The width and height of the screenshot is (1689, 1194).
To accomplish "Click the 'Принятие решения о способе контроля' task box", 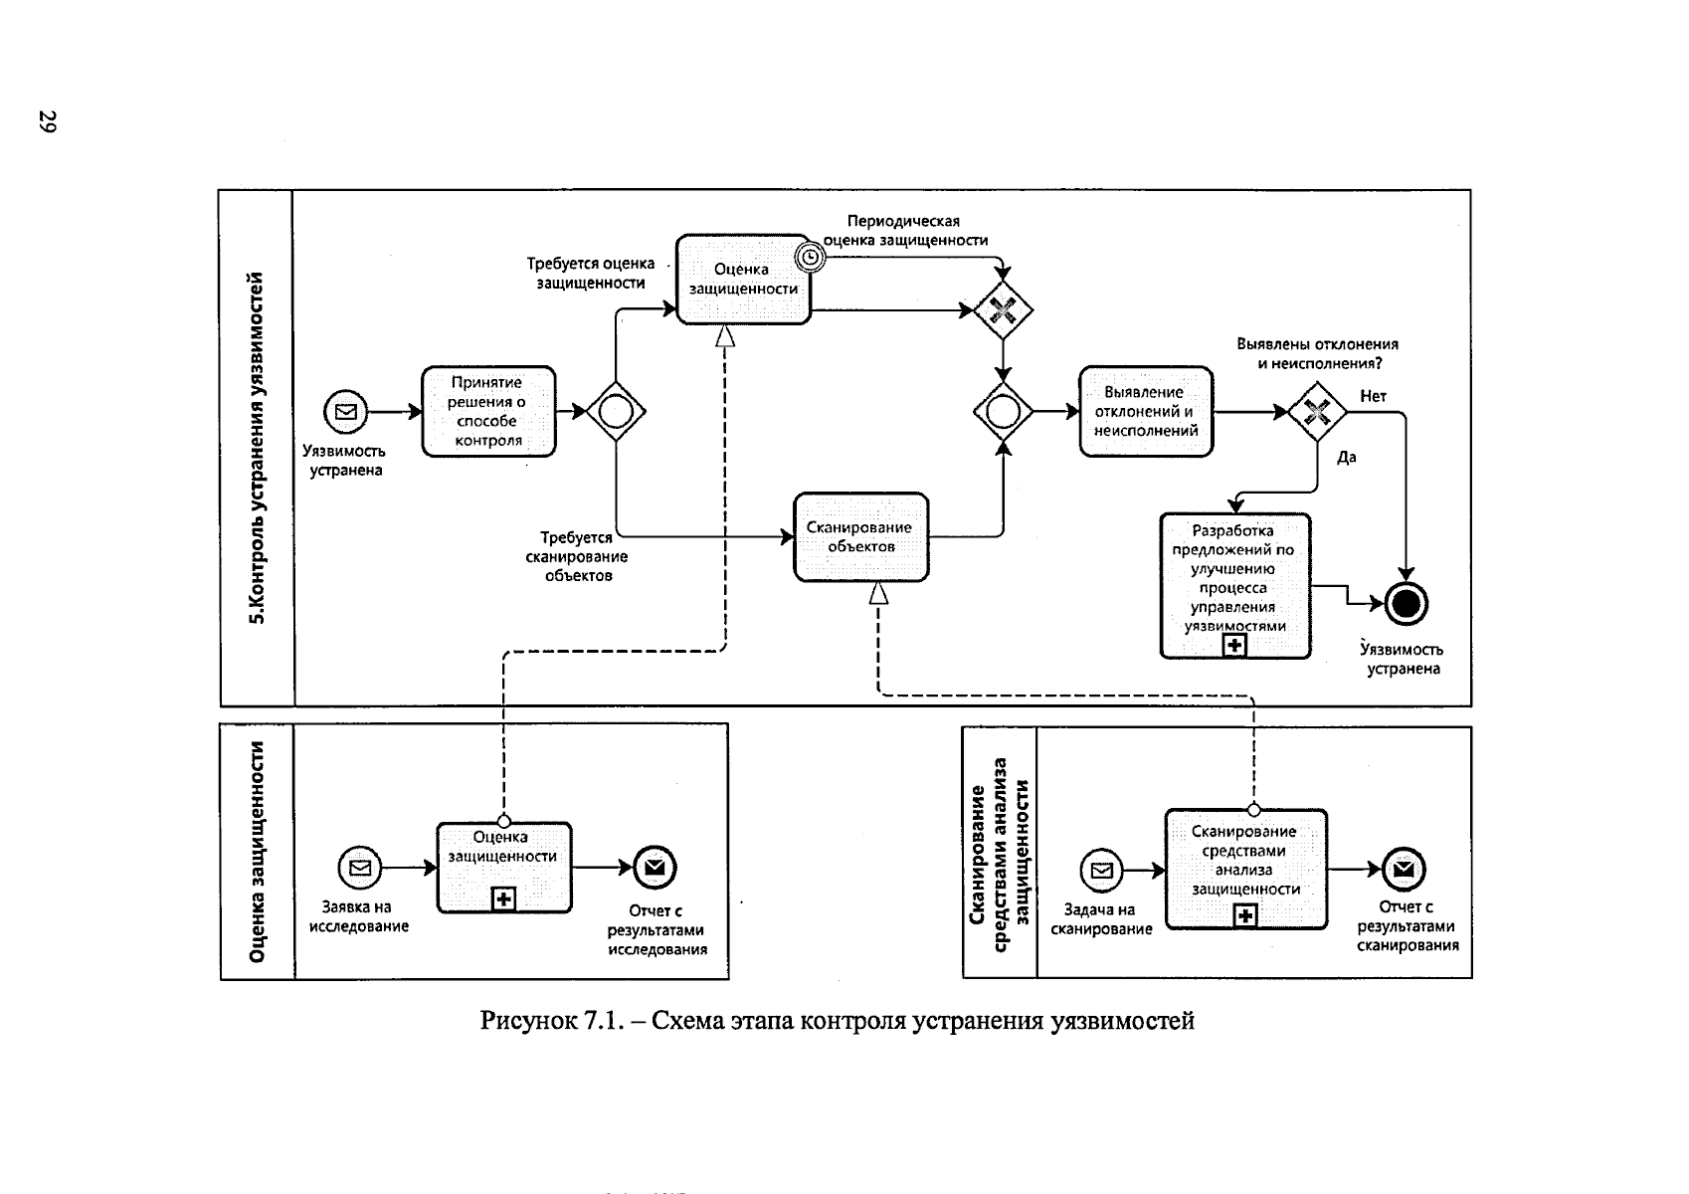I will (488, 411).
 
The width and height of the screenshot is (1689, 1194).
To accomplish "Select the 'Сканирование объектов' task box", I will (860, 537).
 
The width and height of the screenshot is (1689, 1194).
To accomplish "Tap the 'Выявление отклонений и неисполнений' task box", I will (1146, 411).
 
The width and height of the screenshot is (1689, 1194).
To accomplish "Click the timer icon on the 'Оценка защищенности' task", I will (812, 257).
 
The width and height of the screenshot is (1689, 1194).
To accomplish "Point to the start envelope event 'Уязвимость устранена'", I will (345, 411).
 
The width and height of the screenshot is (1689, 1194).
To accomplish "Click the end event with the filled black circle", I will (1406, 603).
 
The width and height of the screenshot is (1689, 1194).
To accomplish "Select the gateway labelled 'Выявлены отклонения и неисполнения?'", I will (1316, 411).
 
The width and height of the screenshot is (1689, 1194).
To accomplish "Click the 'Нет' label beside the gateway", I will (1373, 396).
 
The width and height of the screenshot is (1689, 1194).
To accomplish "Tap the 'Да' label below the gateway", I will (1346, 458).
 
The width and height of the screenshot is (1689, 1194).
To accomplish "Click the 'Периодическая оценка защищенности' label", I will (904, 230).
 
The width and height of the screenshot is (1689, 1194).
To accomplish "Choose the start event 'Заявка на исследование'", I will (360, 869).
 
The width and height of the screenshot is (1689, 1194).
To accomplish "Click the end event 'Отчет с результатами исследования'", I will (655, 869).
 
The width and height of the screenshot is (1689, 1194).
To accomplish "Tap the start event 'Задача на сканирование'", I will (1101, 872).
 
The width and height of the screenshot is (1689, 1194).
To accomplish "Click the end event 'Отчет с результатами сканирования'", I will (1404, 870).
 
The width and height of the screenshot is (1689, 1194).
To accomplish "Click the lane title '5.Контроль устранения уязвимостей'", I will (258, 448).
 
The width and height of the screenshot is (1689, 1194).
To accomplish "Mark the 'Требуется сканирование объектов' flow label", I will (577, 556).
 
